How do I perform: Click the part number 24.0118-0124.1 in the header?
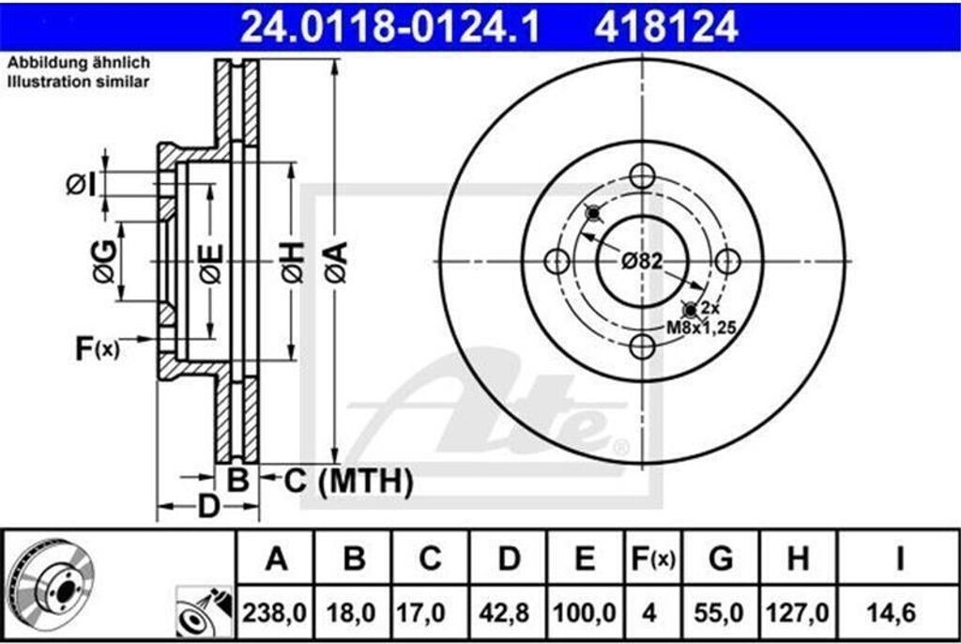point(389,27)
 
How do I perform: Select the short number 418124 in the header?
point(665,27)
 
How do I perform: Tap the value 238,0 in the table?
point(274,613)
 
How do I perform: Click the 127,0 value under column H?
point(798,613)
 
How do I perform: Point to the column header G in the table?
point(721,559)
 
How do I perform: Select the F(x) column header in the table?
point(653,559)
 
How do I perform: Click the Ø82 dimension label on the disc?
point(642,261)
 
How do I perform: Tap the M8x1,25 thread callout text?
point(701,328)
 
